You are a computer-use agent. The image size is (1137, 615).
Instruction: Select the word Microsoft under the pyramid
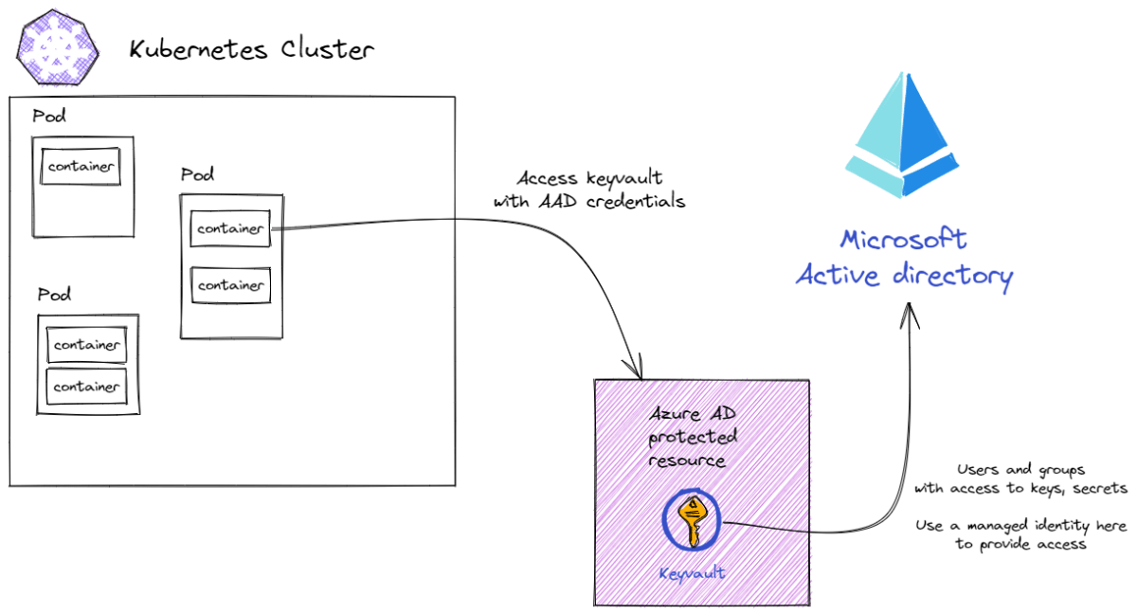click(904, 238)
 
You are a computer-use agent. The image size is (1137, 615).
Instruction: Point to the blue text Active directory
click(904, 276)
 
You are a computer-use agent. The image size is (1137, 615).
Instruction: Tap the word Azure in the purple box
click(675, 415)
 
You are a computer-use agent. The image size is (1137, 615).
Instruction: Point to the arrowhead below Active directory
click(910, 313)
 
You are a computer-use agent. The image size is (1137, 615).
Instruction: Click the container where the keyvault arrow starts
click(230, 228)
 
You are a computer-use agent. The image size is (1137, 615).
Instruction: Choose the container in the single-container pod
click(81, 167)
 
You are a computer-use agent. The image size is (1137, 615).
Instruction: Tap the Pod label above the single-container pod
click(49, 117)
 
